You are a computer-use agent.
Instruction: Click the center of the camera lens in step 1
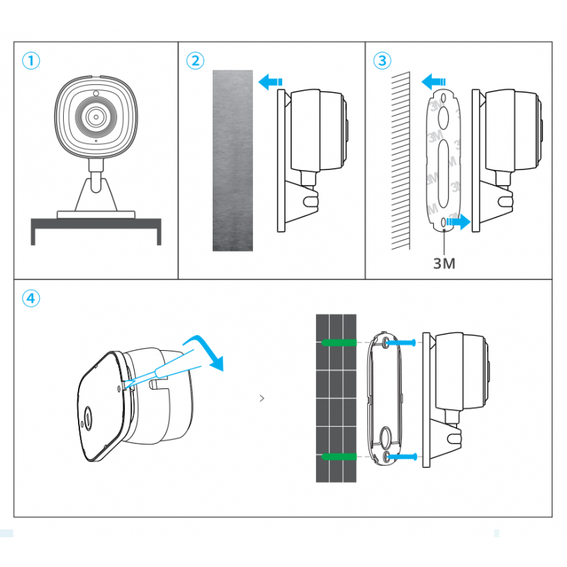click(x=94, y=116)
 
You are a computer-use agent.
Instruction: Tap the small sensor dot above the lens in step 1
click(x=94, y=94)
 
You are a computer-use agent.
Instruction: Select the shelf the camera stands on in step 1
click(x=96, y=226)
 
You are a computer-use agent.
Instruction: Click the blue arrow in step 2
click(x=270, y=82)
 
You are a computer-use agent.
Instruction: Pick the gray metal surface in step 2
click(x=232, y=159)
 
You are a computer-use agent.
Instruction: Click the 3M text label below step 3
click(x=444, y=264)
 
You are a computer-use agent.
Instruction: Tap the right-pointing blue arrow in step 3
click(x=459, y=223)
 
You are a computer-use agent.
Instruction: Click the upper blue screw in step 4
click(x=401, y=343)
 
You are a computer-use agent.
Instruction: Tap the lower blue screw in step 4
click(x=401, y=457)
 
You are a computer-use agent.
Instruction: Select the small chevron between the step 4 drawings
click(x=262, y=398)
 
